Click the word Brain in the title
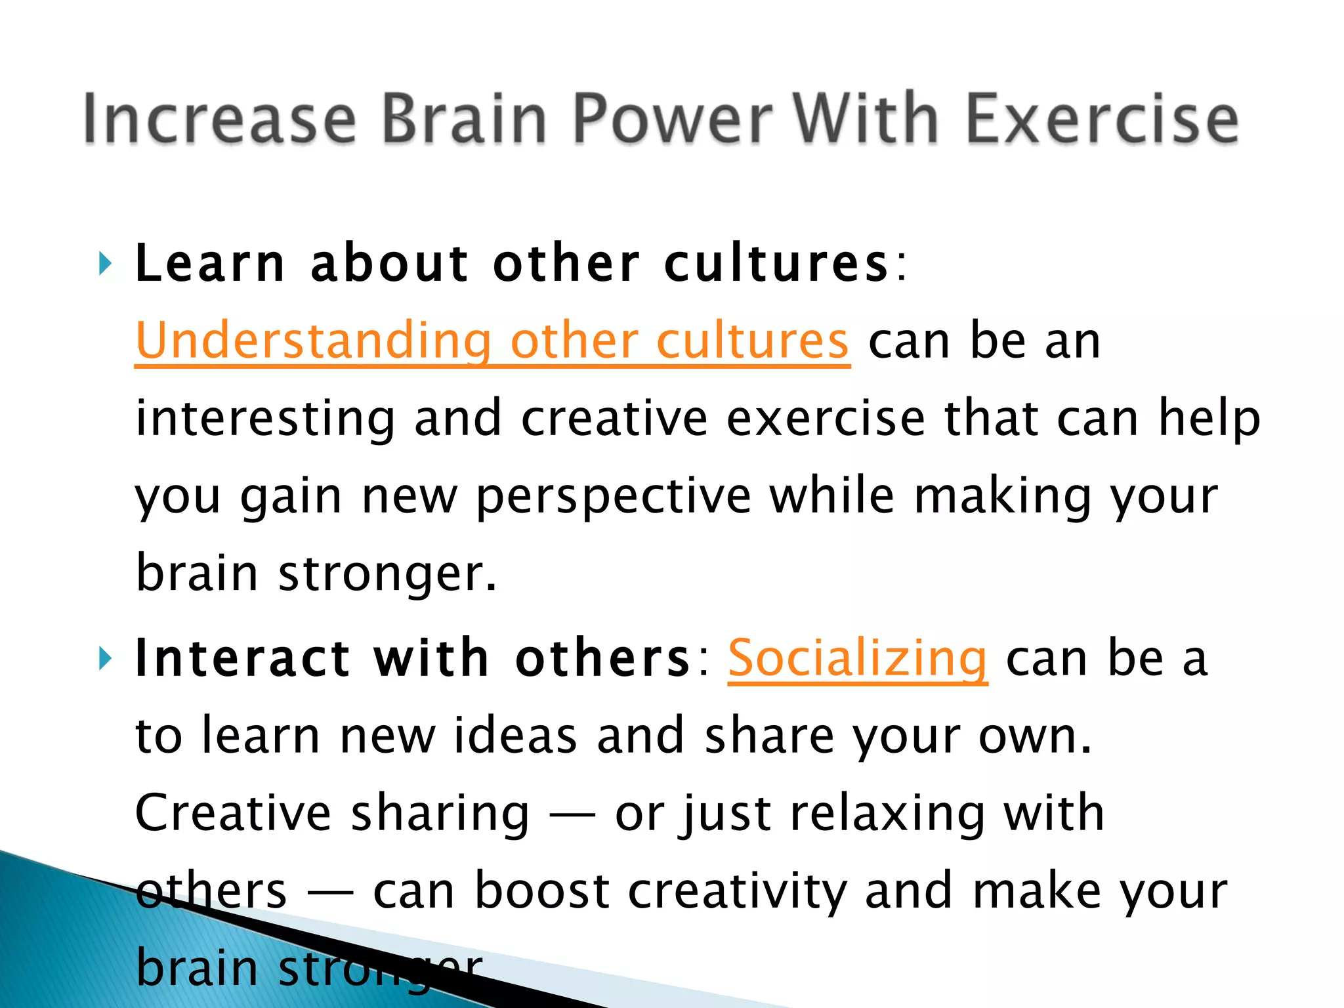[x=463, y=118]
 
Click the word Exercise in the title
[x=1102, y=118]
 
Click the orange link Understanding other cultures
[x=492, y=341]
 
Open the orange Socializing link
[x=857, y=658]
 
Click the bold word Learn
[x=210, y=264]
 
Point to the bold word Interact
[x=243, y=658]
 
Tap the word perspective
[x=613, y=497]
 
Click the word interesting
[x=265, y=419]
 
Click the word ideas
[x=515, y=736]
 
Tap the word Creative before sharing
[x=233, y=814]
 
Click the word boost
[x=542, y=891]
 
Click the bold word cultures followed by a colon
[x=776, y=264]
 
